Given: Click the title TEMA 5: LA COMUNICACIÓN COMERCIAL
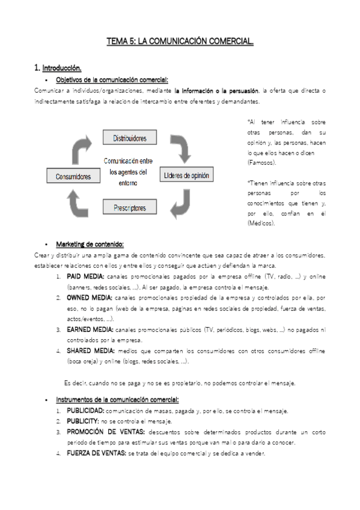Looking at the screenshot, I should tap(180, 41).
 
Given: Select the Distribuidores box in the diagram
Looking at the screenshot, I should tap(130, 138).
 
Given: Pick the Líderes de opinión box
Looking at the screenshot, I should tap(187, 176).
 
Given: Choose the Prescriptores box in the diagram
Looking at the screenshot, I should tap(130, 209).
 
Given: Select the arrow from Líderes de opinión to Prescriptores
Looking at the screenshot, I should tap(181, 205).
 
